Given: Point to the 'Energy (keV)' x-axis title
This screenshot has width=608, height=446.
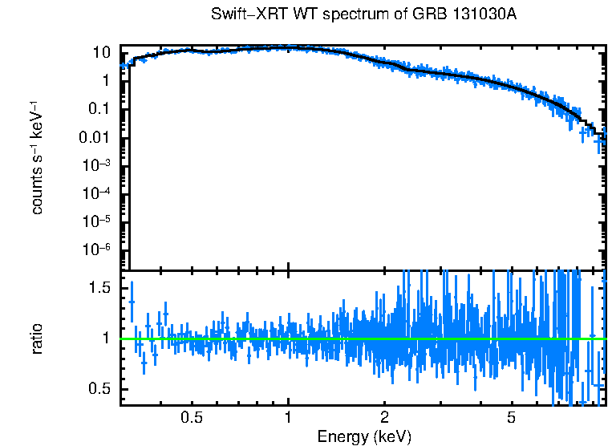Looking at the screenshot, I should click(364, 436).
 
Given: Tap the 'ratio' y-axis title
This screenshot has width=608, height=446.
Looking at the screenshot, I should click(37, 339).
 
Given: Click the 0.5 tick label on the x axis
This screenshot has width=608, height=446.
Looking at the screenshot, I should click(192, 417).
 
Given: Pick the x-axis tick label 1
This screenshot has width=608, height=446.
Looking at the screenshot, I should click(288, 417).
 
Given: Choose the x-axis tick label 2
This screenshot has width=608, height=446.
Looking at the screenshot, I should click(384, 417).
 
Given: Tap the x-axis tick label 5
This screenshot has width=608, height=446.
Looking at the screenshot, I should click(511, 417).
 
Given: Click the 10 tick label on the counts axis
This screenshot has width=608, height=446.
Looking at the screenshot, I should click(101, 53).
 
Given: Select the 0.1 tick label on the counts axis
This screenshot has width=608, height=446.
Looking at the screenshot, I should click(98, 109).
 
